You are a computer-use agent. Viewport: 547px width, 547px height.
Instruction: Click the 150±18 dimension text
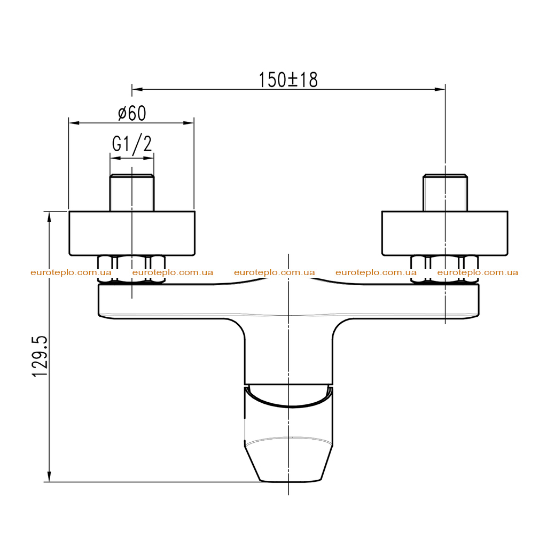288,80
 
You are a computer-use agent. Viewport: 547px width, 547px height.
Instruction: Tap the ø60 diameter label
132,113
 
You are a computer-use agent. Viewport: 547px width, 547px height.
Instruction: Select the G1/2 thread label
132,144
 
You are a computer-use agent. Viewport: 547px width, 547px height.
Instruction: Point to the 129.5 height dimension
40,356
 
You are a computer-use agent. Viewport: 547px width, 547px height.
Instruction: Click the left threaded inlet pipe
132,192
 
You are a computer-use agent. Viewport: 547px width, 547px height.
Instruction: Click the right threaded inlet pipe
445,192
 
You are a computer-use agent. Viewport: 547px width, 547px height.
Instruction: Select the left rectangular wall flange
132,233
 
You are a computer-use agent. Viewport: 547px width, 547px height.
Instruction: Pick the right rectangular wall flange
445,233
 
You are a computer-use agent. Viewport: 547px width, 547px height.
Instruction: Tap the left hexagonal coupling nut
131,270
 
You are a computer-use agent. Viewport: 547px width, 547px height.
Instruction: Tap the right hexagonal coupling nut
444,270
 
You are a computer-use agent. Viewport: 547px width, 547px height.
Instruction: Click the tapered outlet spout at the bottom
288,434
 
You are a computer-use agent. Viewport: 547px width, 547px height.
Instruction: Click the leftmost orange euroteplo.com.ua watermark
71,272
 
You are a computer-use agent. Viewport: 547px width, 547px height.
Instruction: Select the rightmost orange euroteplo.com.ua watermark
478,272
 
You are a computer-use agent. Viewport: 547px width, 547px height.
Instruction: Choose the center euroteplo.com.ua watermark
275,272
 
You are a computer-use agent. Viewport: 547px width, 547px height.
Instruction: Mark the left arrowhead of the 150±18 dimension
137,89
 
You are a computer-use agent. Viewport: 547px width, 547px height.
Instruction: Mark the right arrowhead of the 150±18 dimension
440,89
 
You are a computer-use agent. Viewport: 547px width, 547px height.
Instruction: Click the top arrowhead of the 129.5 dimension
49,217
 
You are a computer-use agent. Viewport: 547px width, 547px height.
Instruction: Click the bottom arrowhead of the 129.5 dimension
49,476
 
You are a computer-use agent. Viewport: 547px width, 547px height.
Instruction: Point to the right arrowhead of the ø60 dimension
189,123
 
